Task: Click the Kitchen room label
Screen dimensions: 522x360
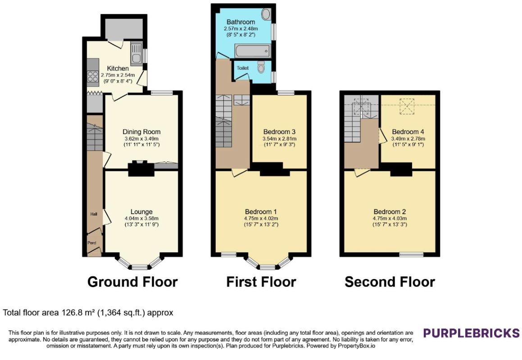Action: click(x=118, y=68)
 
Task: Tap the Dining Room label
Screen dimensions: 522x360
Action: click(x=141, y=132)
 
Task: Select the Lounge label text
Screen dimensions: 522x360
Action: click(x=141, y=211)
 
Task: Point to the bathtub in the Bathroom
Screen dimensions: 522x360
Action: click(x=253, y=51)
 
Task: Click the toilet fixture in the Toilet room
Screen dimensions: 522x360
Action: click(x=261, y=67)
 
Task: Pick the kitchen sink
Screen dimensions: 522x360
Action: click(x=136, y=54)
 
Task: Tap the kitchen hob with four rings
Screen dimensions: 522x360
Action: click(x=93, y=77)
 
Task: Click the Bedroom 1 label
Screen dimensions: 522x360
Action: click(x=261, y=211)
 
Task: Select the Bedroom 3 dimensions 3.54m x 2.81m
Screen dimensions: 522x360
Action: click(x=279, y=139)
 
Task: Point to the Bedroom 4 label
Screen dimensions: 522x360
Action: click(x=408, y=132)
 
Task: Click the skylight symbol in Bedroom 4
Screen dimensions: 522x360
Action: click(x=407, y=106)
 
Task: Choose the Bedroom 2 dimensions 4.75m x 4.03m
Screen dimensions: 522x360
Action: click(x=390, y=219)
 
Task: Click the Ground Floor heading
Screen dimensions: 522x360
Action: click(x=132, y=282)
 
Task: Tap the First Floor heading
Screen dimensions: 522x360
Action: click(x=261, y=282)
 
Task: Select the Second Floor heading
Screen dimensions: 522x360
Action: click(x=390, y=282)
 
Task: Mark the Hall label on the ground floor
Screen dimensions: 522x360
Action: click(x=94, y=214)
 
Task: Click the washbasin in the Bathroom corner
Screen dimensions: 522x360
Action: click(x=266, y=14)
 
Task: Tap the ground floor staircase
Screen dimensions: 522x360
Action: click(x=95, y=137)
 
